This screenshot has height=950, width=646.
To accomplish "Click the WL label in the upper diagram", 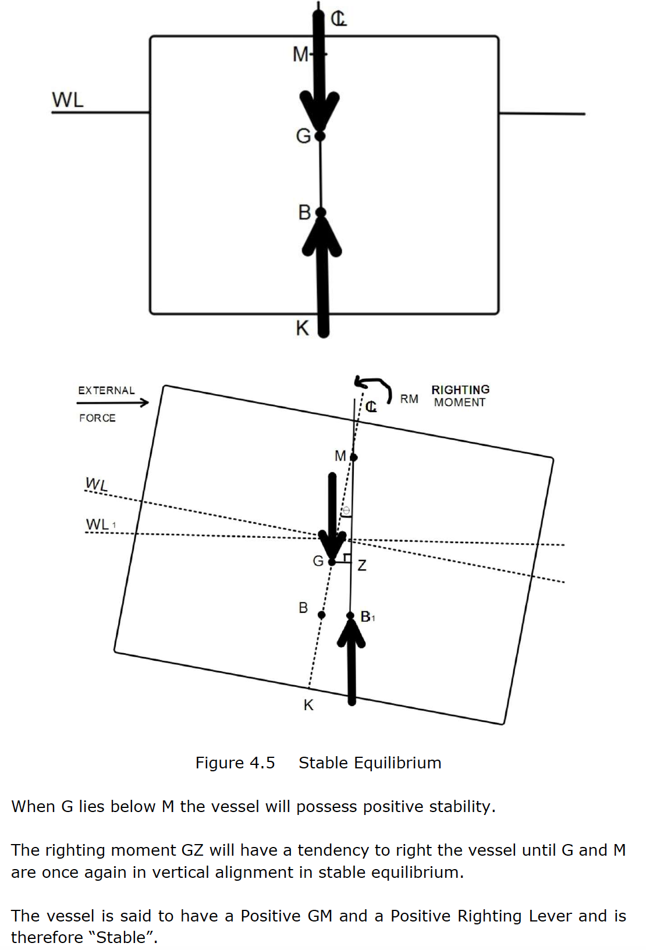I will click(x=68, y=100).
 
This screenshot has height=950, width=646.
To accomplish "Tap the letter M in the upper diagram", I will click(x=300, y=54).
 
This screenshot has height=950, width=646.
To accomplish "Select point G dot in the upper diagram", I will click(x=320, y=136).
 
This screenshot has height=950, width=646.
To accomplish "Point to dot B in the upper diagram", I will click(x=320, y=213).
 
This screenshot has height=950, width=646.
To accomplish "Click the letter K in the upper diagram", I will click(x=302, y=328).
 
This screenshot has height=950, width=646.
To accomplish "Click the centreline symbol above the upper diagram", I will click(x=339, y=19).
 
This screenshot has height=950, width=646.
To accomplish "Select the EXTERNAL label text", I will click(x=106, y=390).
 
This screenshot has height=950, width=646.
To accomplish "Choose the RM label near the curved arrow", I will click(x=409, y=399).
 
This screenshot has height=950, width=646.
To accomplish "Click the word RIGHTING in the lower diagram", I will click(x=460, y=389).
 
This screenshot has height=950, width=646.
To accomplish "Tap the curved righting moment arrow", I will click(x=375, y=385).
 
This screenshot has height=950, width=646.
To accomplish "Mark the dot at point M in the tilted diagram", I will click(x=353, y=458).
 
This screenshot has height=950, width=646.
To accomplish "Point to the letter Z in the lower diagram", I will click(x=362, y=565).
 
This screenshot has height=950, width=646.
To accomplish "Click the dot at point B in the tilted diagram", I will click(x=321, y=615).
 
